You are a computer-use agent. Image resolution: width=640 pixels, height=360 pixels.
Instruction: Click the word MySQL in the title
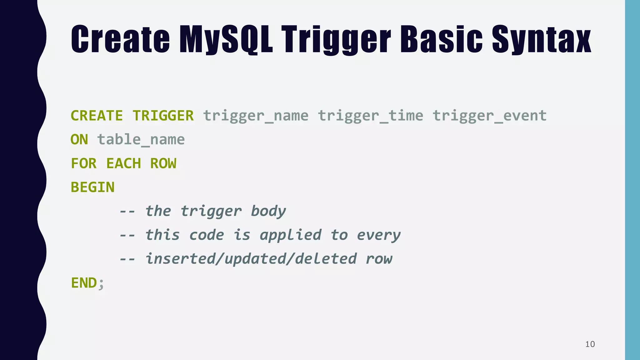click(226, 40)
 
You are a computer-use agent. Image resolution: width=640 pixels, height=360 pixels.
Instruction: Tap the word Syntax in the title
click(541, 40)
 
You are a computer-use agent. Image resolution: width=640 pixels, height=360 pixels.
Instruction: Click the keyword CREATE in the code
click(97, 116)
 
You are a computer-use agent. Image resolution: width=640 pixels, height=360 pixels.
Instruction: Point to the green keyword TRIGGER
click(163, 116)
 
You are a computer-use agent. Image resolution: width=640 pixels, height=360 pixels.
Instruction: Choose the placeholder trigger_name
click(256, 116)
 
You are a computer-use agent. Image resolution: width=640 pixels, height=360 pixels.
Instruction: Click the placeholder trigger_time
click(370, 116)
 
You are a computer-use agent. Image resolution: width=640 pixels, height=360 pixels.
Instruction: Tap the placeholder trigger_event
click(489, 116)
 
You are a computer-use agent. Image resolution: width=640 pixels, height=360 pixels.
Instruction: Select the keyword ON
click(79, 140)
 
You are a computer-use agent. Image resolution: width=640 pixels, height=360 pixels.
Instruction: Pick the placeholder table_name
click(141, 140)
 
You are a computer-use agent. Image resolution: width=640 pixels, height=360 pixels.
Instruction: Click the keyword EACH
click(123, 163)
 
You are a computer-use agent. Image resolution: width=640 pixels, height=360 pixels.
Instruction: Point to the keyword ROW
click(163, 163)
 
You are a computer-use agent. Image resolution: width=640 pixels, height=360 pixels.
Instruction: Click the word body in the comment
click(268, 211)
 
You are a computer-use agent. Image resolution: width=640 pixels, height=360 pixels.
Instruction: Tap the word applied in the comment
click(290, 235)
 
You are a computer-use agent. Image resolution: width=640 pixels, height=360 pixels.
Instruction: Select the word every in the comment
click(378, 235)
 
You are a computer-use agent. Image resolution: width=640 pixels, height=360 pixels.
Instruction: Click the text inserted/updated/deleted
click(251, 259)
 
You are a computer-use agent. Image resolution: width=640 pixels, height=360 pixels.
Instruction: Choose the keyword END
click(84, 283)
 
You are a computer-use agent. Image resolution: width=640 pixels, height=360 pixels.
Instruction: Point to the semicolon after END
click(101, 284)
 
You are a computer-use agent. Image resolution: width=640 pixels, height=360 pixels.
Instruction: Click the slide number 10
click(590, 344)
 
